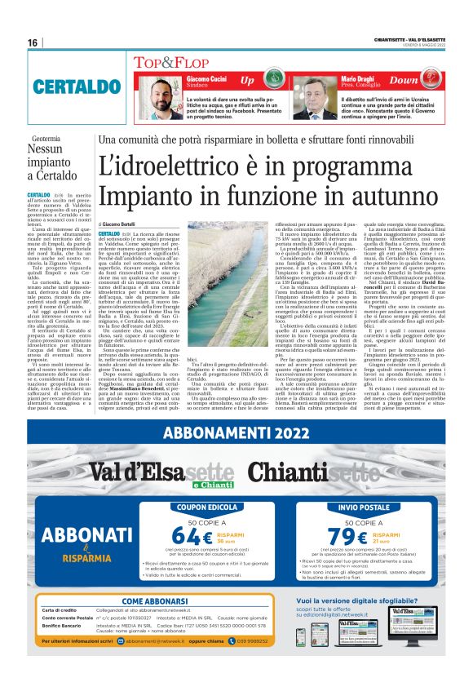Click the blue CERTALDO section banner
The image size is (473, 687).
click(x=69, y=86)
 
